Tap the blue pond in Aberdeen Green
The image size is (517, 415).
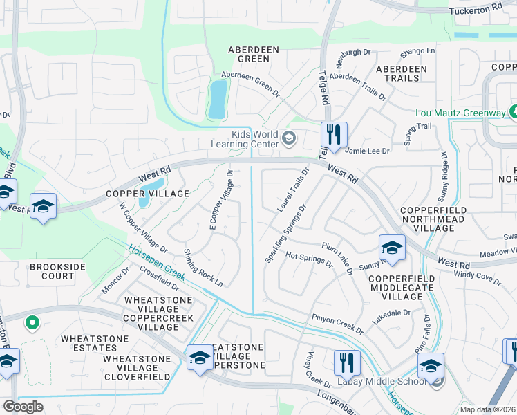click(217, 99)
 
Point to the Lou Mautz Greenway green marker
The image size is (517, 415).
click(512, 112)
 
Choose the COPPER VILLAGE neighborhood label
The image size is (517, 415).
click(137, 194)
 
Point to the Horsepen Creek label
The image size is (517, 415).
click(156, 260)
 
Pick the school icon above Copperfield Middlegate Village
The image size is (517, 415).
click(392, 248)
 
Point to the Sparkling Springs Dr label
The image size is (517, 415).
click(284, 233)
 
